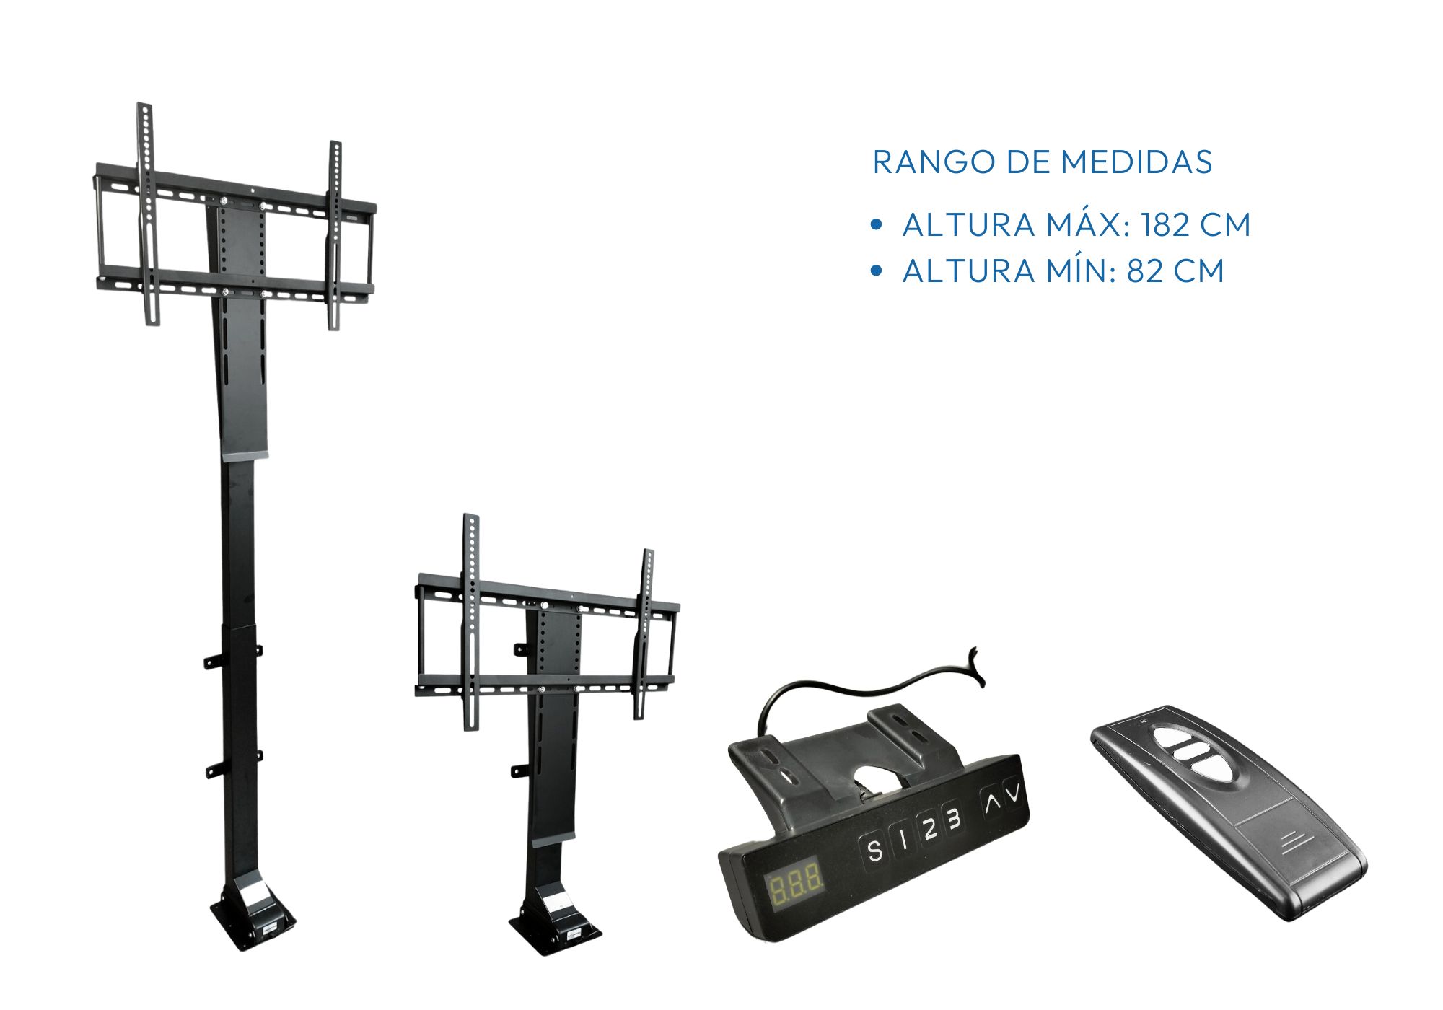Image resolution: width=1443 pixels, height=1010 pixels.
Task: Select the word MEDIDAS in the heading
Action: pos(1136,162)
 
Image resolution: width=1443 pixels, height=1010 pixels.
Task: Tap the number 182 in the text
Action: pos(1165,225)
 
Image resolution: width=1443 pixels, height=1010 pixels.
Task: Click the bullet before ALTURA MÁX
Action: pos(877,225)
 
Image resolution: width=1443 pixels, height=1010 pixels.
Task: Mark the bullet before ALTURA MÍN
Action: pos(877,271)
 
